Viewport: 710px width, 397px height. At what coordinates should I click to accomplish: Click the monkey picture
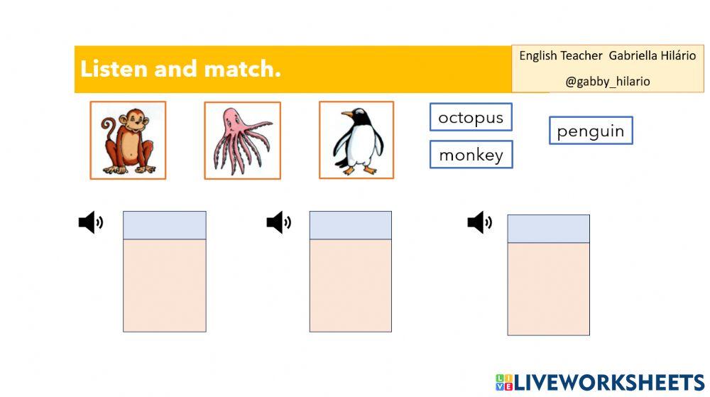[x=128, y=141]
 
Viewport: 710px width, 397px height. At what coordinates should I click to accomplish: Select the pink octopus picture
[x=243, y=141]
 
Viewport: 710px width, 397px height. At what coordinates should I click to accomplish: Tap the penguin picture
[x=356, y=140]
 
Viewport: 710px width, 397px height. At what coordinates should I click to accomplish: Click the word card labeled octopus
[x=471, y=117]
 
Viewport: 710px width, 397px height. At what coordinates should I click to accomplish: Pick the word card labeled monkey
[x=471, y=154]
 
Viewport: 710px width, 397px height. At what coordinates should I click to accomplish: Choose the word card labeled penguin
[x=591, y=131]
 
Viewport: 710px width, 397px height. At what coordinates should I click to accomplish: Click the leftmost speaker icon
[x=91, y=222]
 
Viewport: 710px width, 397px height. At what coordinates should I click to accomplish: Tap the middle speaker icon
[x=278, y=222]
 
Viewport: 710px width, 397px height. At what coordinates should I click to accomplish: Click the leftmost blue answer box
[x=165, y=225]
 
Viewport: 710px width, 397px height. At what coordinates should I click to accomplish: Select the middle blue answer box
[x=351, y=225]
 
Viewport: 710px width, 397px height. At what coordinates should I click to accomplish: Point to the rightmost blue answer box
[x=548, y=229]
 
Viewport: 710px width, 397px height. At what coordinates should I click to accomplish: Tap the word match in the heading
[x=243, y=69]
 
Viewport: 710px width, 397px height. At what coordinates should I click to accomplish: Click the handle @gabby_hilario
[x=608, y=82]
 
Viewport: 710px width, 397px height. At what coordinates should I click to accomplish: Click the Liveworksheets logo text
[x=601, y=383]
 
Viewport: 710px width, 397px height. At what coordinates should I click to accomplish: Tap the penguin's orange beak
[x=347, y=114]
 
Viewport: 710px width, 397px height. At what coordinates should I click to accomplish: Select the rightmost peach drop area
[x=548, y=289]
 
